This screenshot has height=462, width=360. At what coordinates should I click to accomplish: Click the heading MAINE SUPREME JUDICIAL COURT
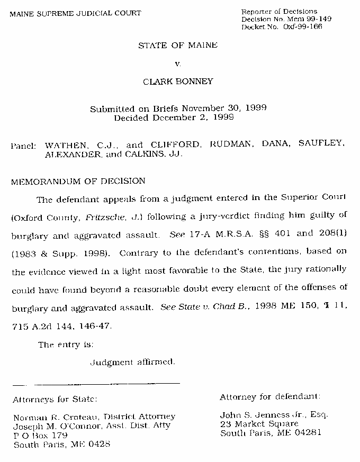(75, 13)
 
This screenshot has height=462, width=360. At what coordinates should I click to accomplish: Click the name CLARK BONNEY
(178, 81)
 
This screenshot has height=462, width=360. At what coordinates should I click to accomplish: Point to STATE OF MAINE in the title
(178, 46)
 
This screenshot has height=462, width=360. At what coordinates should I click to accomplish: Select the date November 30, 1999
(227, 108)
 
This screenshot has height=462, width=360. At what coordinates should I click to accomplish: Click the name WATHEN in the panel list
(64, 144)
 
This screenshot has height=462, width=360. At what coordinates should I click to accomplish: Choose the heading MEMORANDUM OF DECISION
(78, 181)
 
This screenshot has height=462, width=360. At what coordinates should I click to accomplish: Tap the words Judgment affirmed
(132, 363)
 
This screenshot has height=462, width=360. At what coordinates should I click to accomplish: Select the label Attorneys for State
(55, 399)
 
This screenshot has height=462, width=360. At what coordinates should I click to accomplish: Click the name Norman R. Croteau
(49, 416)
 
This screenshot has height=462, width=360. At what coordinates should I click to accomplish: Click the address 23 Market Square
(259, 424)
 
